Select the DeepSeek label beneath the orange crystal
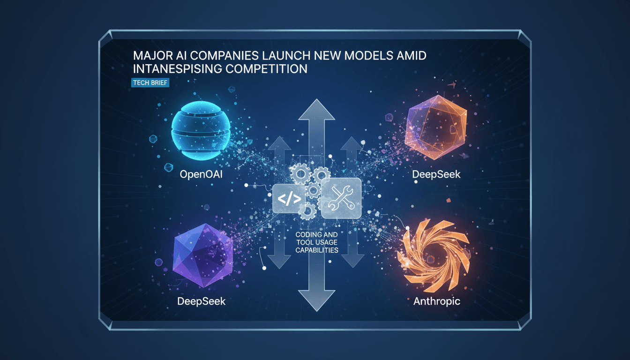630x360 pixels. [436, 174]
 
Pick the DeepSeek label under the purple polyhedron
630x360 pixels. [202, 301]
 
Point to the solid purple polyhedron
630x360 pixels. [202, 255]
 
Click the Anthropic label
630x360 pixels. [436, 301]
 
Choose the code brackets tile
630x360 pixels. [289, 198]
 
